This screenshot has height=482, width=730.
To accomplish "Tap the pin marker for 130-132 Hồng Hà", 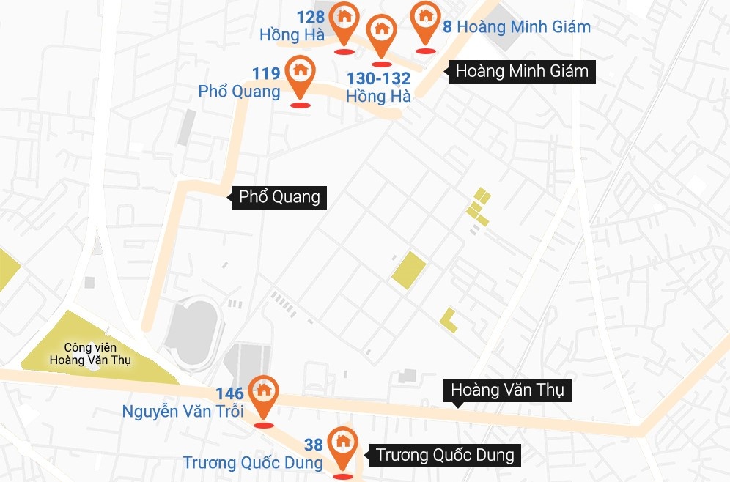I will [x=381, y=30].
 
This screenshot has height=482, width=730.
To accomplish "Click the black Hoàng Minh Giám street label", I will [x=522, y=72].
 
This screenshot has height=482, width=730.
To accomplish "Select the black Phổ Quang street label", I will [x=280, y=197].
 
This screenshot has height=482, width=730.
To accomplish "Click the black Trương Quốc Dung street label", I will [x=446, y=455].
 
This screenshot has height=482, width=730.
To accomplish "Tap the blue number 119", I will [x=266, y=73].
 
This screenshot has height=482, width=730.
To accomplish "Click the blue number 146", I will [x=229, y=394].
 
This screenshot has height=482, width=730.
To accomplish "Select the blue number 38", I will [x=314, y=445].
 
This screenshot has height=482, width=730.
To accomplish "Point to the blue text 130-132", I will [x=378, y=78].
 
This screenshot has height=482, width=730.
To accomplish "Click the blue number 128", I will [x=311, y=17].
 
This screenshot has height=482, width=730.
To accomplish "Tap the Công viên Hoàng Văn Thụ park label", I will [x=97, y=354].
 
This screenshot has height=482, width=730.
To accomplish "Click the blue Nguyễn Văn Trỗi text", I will [x=182, y=411].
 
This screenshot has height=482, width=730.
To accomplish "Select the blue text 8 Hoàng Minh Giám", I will [x=517, y=27].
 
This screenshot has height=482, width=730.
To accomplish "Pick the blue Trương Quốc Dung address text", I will [x=253, y=463].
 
